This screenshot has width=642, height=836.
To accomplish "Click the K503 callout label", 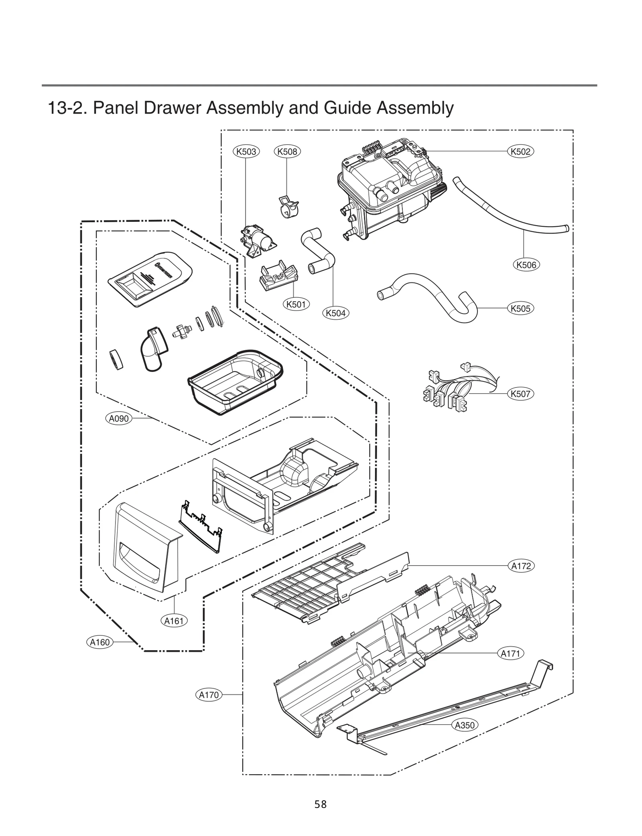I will (x=246, y=151).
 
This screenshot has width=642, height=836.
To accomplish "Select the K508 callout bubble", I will (x=287, y=151).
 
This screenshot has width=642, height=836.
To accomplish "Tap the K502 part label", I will (x=520, y=151).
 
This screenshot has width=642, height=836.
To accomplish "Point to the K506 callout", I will (x=526, y=265).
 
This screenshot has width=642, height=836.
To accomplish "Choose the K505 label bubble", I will (x=520, y=308).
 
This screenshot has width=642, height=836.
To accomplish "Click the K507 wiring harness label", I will (x=520, y=394).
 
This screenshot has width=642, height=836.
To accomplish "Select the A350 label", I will (x=465, y=725).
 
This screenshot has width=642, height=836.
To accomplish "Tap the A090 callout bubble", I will (x=119, y=418).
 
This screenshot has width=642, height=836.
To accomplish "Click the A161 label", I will (x=174, y=621).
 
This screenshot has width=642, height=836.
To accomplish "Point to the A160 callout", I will (x=100, y=642).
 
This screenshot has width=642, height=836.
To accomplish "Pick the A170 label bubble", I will (x=209, y=695).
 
